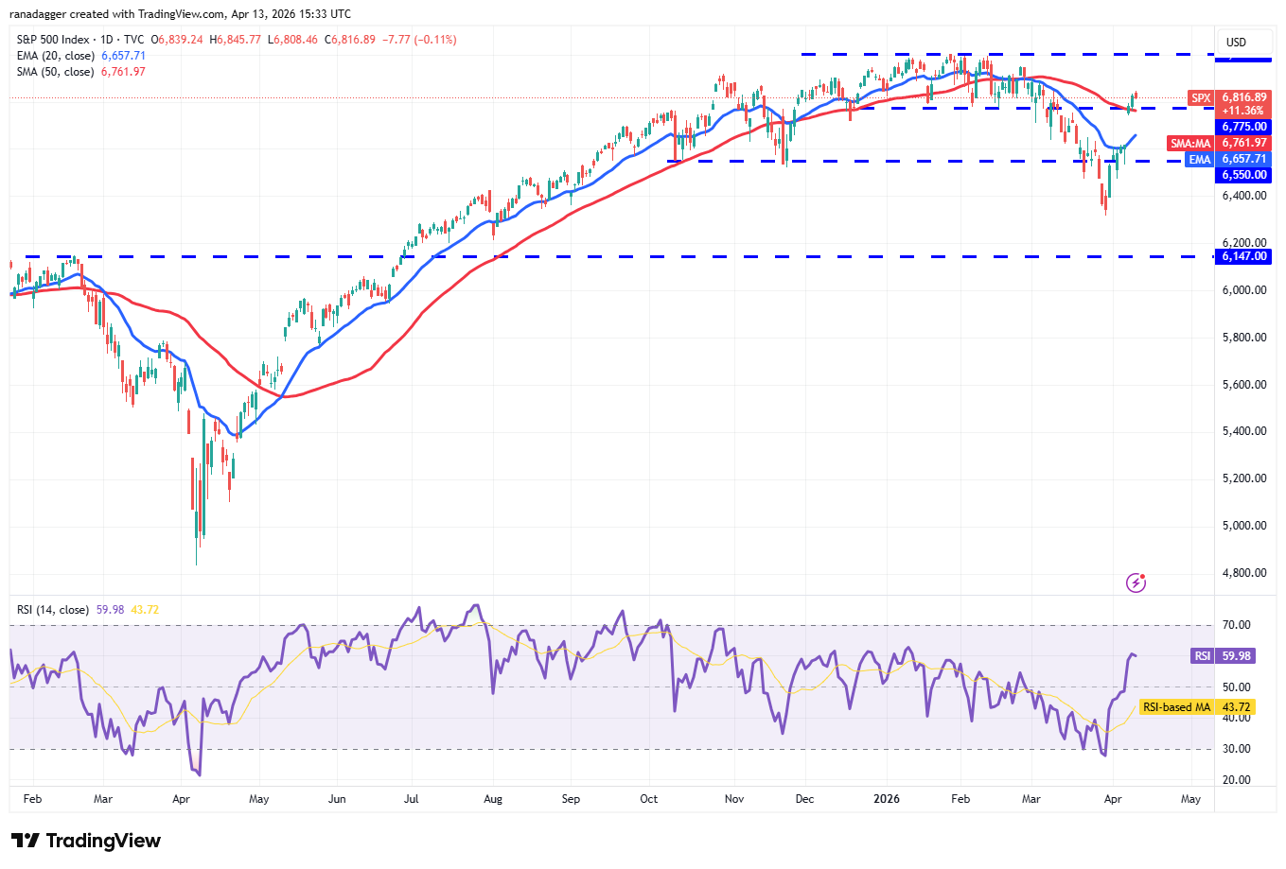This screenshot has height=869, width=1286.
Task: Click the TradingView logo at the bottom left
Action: click(x=86, y=841)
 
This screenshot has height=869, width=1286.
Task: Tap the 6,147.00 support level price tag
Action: click(x=1243, y=256)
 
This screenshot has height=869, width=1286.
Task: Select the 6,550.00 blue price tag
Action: click(x=1243, y=175)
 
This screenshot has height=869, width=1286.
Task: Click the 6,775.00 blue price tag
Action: click(x=1243, y=127)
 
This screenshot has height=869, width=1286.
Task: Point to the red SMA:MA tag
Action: click(x=1190, y=144)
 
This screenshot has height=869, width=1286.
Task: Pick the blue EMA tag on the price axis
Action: click(x=1200, y=160)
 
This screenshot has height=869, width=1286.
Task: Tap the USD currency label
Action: click(x=1236, y=43)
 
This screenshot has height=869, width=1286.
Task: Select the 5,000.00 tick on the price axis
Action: click(x=1243, y=526)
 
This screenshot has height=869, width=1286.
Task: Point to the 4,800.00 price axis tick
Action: click(x=1243, y=573)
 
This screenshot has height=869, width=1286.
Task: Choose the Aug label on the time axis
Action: click(x=493, y=799)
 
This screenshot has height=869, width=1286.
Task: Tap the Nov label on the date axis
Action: click(x=734, y=799)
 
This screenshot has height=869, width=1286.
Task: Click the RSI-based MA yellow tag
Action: click(x=1176, y=707)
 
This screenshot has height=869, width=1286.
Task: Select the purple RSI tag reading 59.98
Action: click(x=1202, y=656)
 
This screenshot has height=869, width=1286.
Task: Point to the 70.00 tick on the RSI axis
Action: click(x=1236, y=625)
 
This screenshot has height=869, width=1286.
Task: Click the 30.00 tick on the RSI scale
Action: click(x=1236, y=749)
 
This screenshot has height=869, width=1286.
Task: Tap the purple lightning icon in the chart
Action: click(x=1136, y=582)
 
